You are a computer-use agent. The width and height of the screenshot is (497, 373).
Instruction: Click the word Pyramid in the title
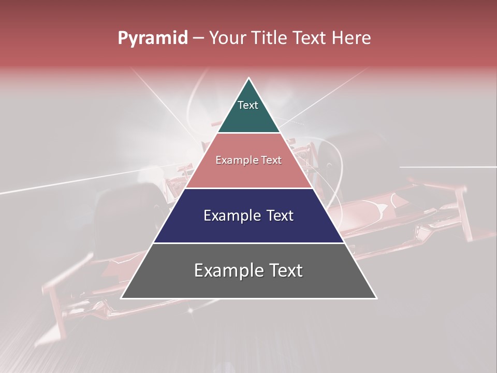(x=152, y=38)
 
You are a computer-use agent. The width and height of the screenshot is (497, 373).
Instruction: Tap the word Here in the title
(x=352, y=38)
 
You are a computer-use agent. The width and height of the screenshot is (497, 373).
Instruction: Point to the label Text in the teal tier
(x=248, y=105)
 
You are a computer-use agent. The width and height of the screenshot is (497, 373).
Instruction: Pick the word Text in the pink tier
(x=271, y=161)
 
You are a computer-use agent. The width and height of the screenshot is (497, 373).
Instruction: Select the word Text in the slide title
(x=311, y=38)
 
